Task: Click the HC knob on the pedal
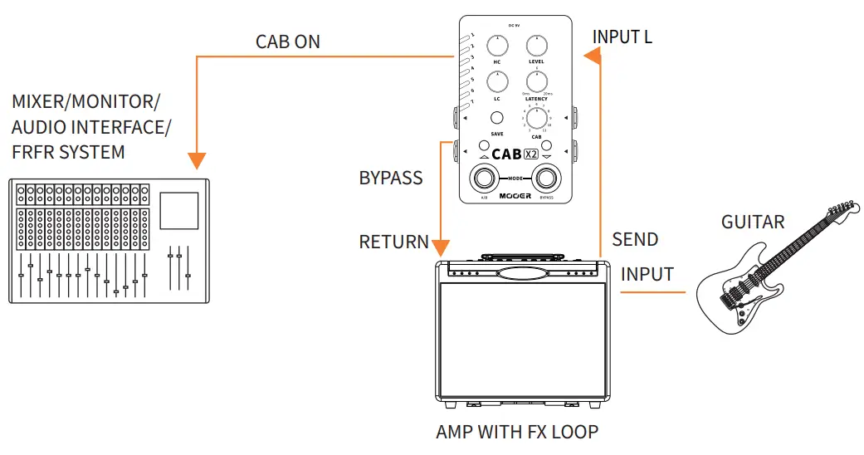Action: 498,47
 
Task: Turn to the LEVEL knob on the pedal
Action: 537,47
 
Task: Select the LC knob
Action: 498,82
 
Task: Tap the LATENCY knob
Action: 537,82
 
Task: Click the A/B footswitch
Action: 484,178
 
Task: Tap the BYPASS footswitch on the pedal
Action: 545,178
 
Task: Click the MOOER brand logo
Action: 515,196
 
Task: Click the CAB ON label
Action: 287,42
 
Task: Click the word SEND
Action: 635,240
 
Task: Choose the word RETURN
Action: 393,242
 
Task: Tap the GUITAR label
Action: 753,222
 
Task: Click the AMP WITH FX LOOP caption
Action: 516,432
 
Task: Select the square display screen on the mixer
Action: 179,211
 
